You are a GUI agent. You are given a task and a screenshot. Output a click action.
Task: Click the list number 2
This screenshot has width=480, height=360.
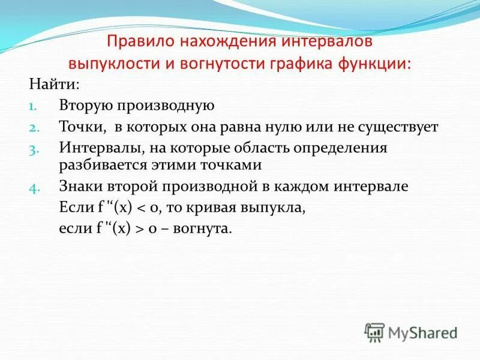pos(34,128)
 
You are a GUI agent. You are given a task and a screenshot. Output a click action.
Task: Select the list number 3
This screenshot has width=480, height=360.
pos(34,148)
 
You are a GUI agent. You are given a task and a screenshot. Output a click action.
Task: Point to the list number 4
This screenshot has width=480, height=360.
pos(34,187)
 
